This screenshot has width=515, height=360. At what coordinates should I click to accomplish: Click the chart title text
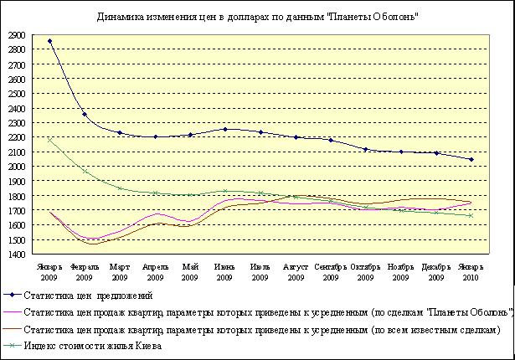[x=258, y=16]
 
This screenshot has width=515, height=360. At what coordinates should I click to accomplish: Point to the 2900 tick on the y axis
[x=17, y=34]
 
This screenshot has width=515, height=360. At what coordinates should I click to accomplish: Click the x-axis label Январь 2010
[x=471, y=271]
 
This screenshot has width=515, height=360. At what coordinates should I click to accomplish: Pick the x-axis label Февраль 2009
[x=85, y=271]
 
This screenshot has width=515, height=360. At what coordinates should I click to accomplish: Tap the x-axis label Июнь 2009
[x=225, y=271]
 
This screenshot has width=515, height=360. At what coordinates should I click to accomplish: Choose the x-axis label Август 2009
[x=296, y=271]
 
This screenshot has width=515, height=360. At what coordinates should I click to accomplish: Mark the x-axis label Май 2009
[x=190, y=271]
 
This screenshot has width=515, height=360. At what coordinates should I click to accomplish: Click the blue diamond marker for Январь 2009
[x=49, y=41]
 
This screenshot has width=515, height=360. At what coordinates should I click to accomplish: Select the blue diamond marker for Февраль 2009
[x=85, y=115]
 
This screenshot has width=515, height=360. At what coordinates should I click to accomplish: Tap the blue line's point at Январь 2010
[x=471, y=159]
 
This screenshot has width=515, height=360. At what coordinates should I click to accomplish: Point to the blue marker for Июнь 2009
[x=225, y=129]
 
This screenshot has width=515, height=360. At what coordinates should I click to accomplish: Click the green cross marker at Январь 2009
[x=49, y=140]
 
